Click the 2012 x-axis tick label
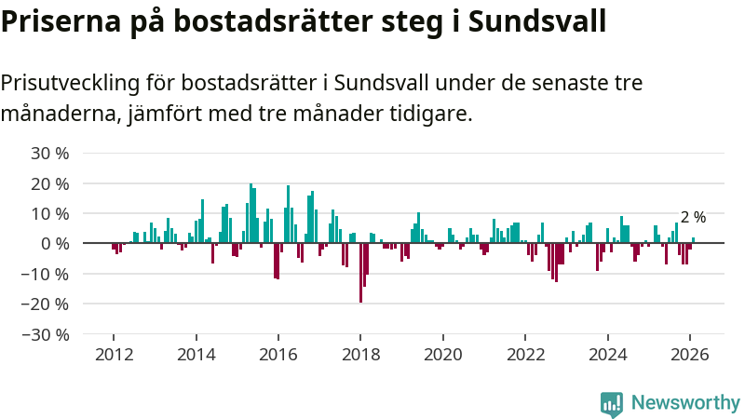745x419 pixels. point(114,355)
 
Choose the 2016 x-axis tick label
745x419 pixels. point(278,355)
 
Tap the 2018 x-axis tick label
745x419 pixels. point(360,355)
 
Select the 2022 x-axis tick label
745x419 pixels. point(525,355)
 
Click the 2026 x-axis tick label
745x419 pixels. point(690,355)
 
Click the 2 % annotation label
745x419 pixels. point(693,217)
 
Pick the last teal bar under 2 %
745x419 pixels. point(693,240)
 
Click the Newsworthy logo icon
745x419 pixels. point(612,402)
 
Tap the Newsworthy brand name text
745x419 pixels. point(685,402)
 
